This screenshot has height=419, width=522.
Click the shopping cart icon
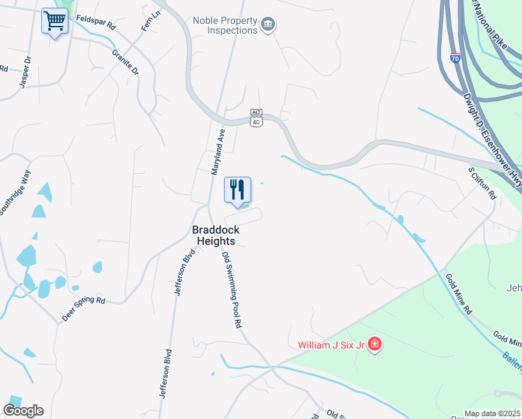[54, 21]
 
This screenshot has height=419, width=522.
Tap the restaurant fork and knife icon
[237, 189]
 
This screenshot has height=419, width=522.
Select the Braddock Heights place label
[214, 235]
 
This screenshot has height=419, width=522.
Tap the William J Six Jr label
[331, 344]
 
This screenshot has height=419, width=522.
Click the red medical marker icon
[374, 344]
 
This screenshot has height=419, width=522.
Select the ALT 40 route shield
[257, 117]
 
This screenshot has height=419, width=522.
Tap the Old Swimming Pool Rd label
[232, 290]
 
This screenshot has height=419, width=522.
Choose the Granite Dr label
[126, 62]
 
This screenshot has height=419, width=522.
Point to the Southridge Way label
[16, 195]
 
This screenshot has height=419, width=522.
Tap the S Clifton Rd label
[482, 182]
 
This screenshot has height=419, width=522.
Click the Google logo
[23, 411]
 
